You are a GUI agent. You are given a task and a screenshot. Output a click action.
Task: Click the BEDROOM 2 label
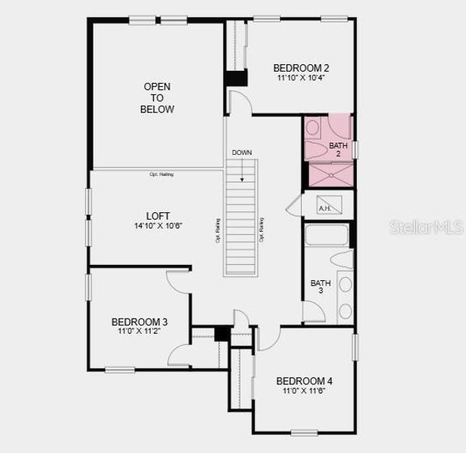point(301,68)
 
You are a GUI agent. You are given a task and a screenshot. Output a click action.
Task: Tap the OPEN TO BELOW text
point(157,98)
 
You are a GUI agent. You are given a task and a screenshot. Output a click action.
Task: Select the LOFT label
point(158,214)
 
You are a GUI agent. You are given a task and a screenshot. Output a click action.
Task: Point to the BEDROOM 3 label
point(139,321)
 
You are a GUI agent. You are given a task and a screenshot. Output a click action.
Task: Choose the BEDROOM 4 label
point(304,381)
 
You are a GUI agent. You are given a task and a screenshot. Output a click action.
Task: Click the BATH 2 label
point(339,149)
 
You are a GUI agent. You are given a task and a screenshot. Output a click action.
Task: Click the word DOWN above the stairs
point(242,153)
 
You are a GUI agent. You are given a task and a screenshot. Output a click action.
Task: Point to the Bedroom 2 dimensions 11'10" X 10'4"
point(301,79)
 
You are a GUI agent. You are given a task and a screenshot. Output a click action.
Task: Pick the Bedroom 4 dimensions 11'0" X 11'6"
point(304,391)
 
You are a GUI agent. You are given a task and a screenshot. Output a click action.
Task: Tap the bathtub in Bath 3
point(327,236)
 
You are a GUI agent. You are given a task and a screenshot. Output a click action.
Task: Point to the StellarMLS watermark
point(426,227)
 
